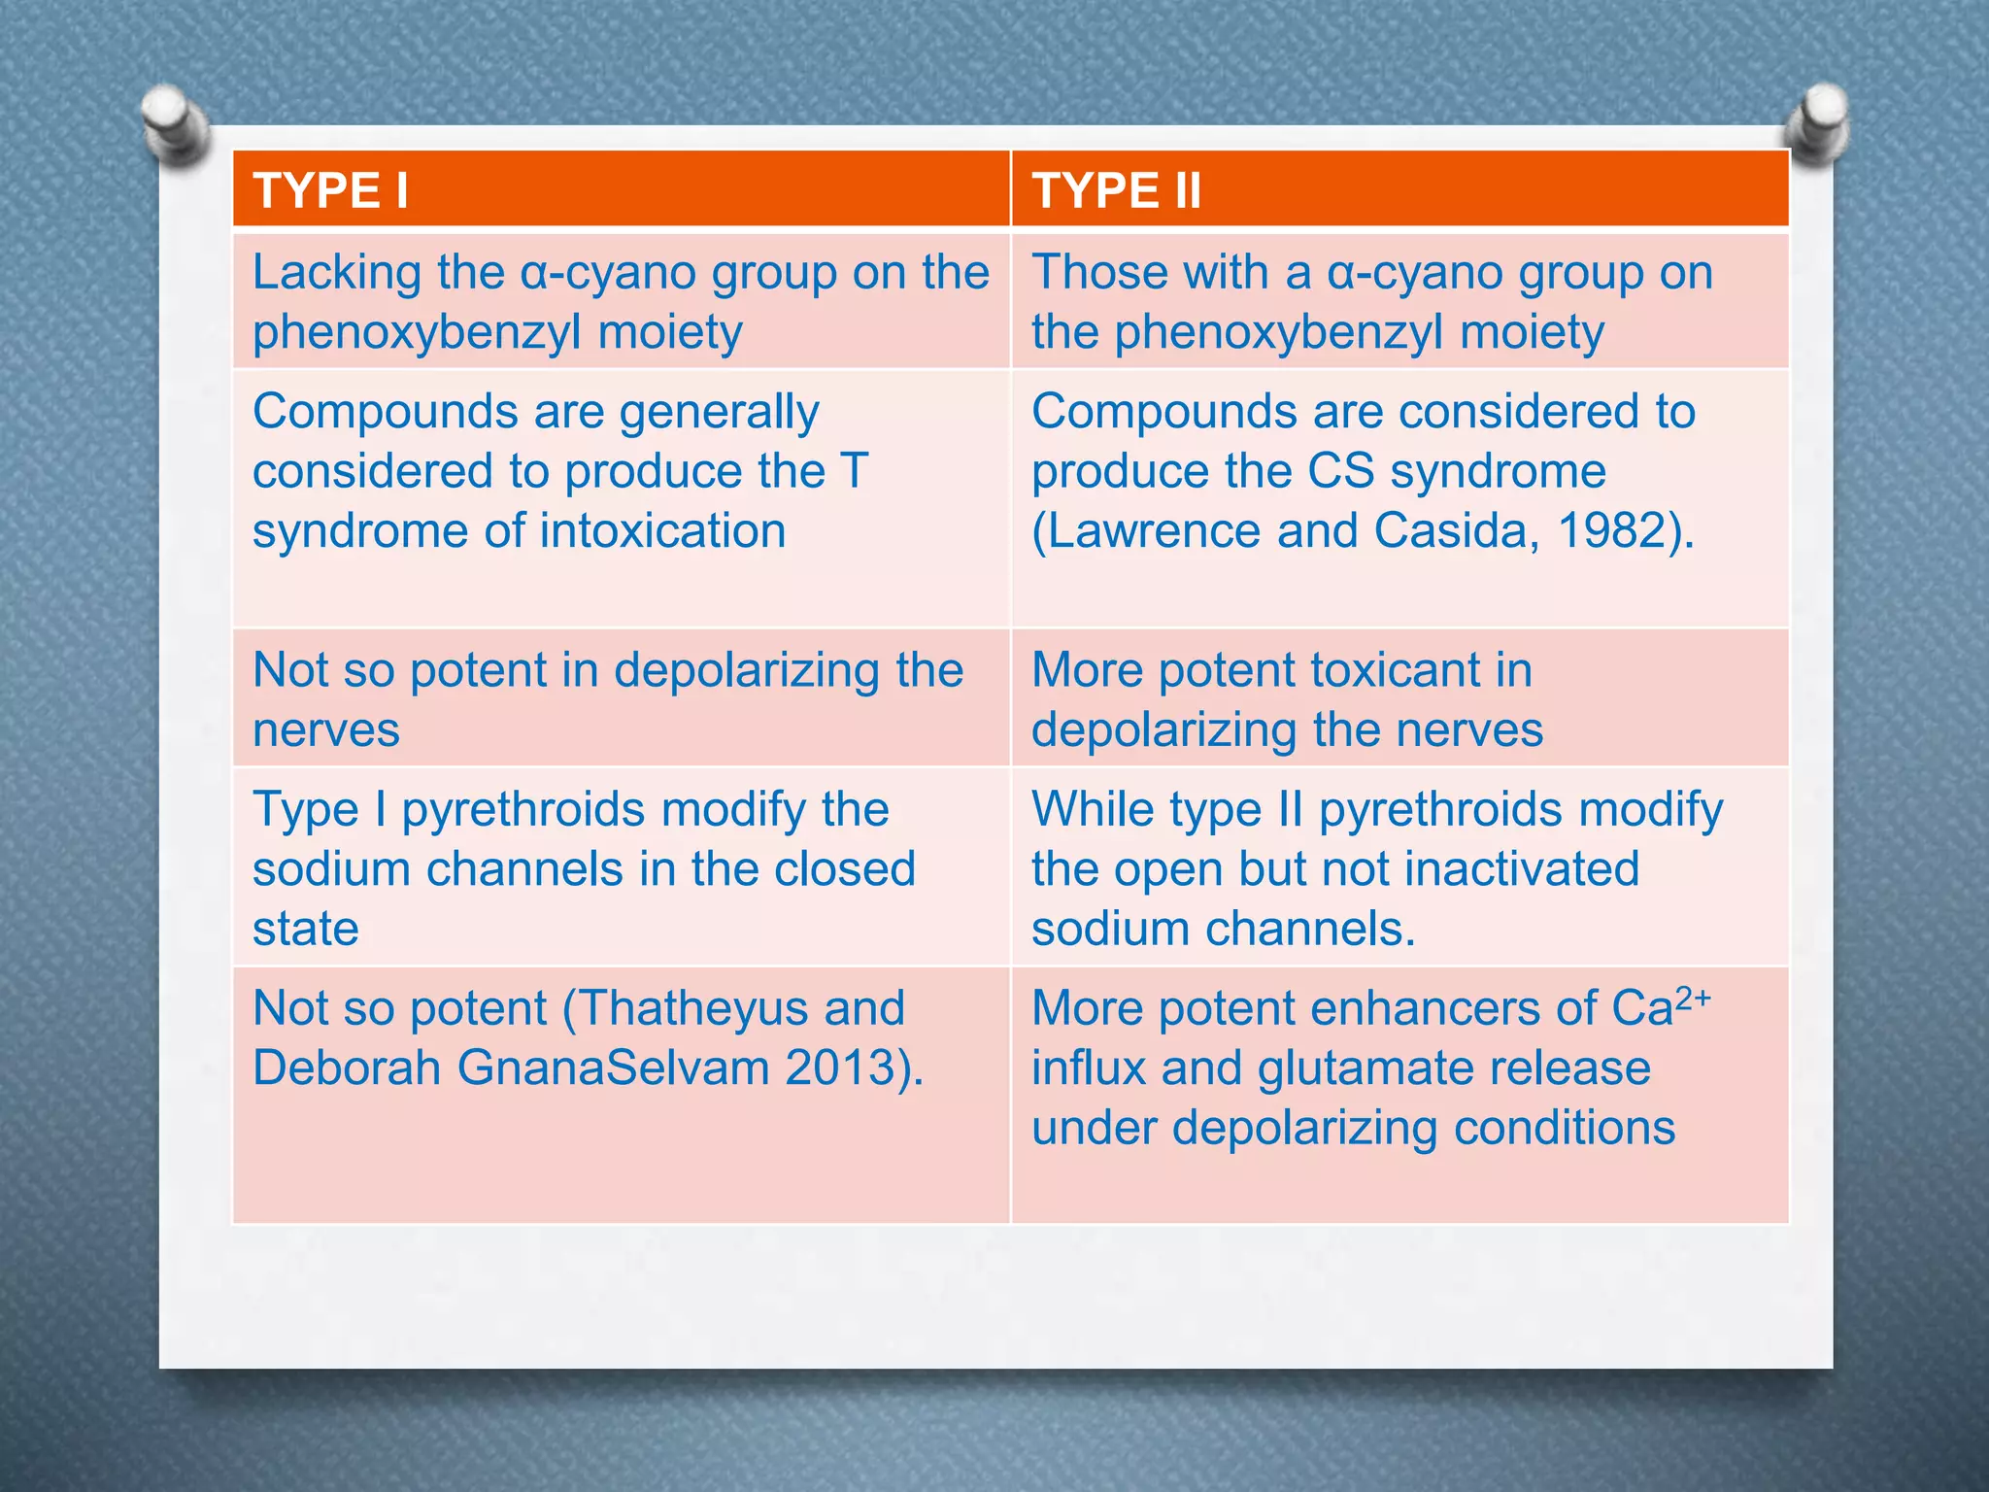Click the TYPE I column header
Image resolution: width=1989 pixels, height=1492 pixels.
point(330,190)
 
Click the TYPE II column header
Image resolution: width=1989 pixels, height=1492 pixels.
point(1116,190)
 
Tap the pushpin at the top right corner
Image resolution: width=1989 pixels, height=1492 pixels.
point(1816,122)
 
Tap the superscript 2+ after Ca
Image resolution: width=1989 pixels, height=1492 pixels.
point(1693,998)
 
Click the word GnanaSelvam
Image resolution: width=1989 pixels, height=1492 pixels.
point(613,1068)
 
